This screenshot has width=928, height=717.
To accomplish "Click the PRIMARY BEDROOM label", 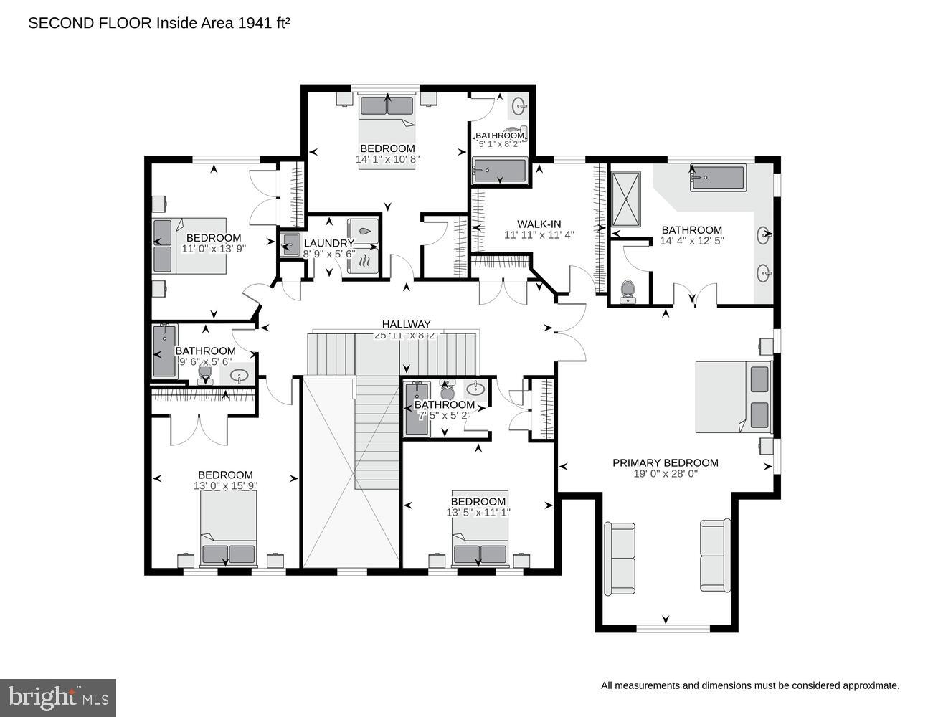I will (x=665, y=462).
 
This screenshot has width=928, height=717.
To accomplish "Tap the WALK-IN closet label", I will (x=538, y=223).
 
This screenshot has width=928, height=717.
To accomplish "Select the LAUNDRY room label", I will (x=328, y=243).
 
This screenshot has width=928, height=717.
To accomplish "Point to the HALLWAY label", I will (x=406, y=324).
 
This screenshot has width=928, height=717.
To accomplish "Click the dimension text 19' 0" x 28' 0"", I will (x=665, y=474).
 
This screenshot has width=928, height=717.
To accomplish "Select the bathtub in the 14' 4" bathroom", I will (x=718, y=178).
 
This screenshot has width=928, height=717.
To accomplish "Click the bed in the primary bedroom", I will (x=733, y=397).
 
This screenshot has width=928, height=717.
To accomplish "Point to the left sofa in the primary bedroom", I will (x=620, y=559).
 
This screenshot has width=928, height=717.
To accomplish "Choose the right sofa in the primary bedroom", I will (x=715, y=556).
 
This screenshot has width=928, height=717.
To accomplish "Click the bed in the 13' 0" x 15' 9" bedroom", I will (x=228, y=529).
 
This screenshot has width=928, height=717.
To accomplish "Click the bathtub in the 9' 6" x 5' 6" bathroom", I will (x=164, y=351).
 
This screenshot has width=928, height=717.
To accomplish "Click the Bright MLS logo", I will (x=58, y=697).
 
